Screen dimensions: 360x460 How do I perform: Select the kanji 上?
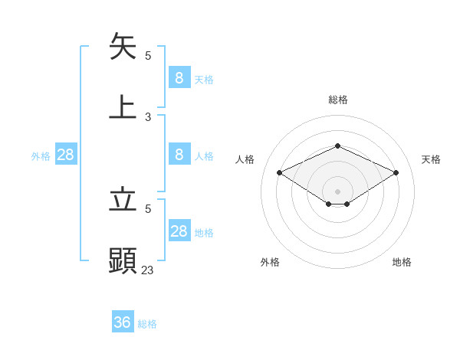[x=123, y=106]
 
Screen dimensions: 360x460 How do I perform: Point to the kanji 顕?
[x=123, y=260]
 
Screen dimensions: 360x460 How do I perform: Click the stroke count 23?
[x=147, y=270]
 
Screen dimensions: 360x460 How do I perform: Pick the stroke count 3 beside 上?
[x=148, y=117]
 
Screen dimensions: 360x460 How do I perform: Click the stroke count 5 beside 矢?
[x=148, y=55]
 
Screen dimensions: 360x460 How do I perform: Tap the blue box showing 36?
[x=123, y=322]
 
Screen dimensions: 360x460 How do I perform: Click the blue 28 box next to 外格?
[x=66, y=155]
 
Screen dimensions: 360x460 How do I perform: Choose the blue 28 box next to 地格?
[x=179, y=231]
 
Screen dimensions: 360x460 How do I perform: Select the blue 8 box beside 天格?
[x=179, y=77]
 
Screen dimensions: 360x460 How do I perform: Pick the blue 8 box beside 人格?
[x=179, y=155]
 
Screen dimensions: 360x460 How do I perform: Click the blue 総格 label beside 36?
[x=147, y=324]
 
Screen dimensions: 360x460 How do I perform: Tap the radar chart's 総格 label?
[x=337, y=100]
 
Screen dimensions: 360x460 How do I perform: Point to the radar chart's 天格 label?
[x=431, y=159]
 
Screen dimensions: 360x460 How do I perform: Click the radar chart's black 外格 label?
[x=270, y=262]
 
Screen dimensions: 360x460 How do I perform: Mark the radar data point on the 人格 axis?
[x=280, y=173]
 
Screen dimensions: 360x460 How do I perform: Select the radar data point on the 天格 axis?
[x=396, y=173]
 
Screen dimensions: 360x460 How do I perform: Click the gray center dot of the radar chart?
[x=337, y=191]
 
